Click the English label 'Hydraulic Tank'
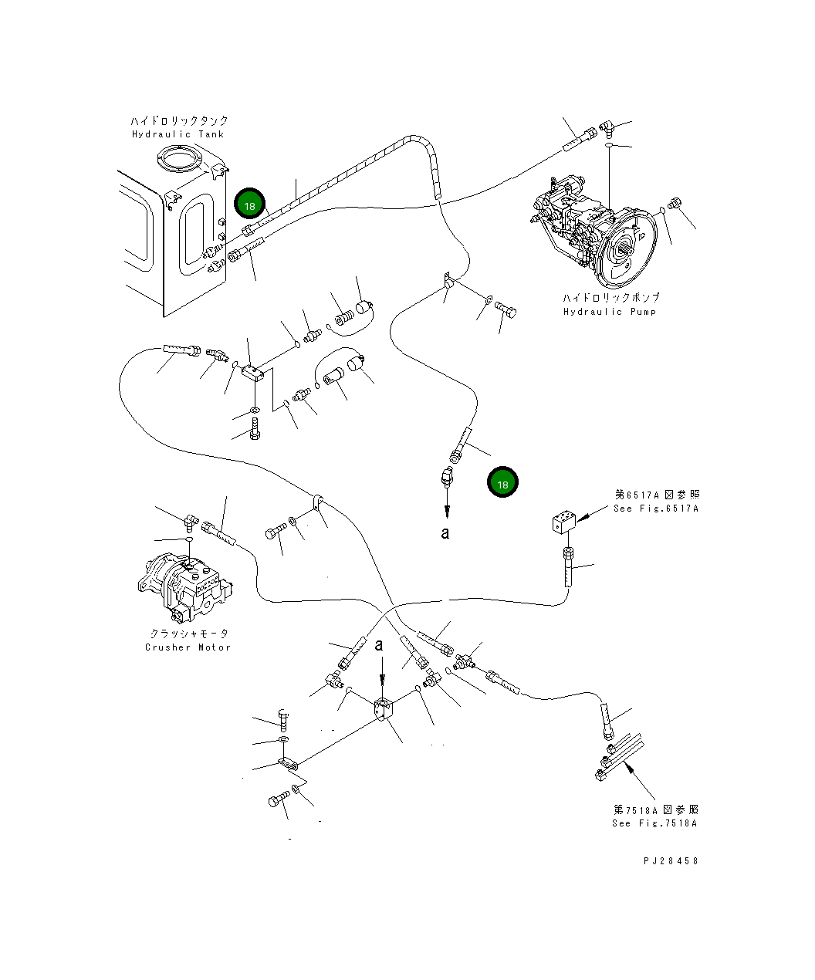[x=178, y=134]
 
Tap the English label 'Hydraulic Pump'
[x=609, y=312]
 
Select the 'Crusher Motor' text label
[x=188, y=647]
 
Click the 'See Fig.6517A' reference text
[x=656, y=509]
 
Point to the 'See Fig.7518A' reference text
[x=654, y=823]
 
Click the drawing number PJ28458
[x=670, y=860]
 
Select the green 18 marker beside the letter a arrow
[x=502, y=484]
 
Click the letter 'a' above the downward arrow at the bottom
[x=379, y=645]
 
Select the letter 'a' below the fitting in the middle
[x=445, y=532]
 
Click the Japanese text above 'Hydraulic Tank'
[x=179, y=121]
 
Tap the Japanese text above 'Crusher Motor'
[x=189, y=634]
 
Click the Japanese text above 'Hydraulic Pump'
[x=610, y=298]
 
